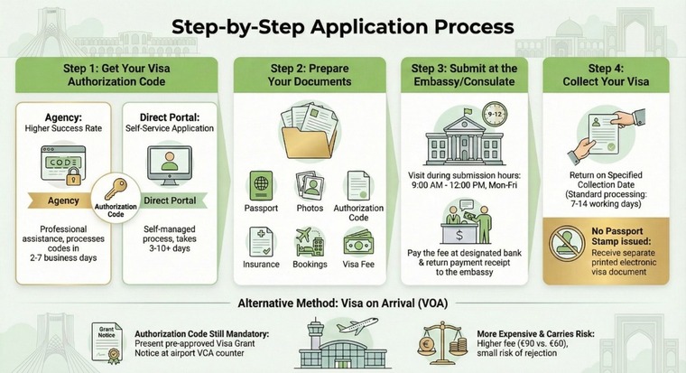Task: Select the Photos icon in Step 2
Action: pos(310,185)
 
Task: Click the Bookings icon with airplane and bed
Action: pos(310,242)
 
